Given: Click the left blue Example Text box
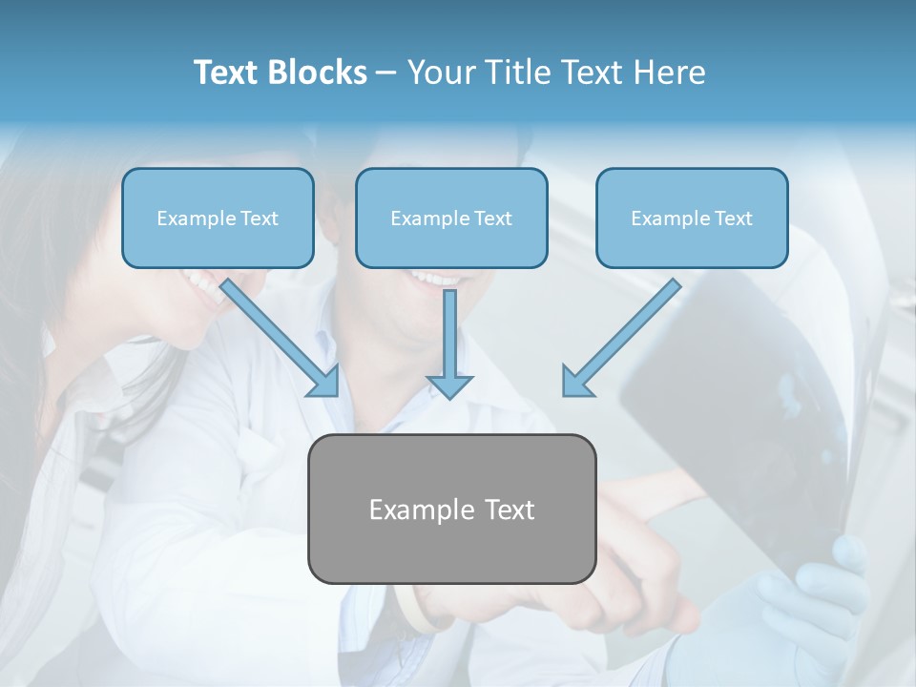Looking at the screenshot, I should (x=218, y=218).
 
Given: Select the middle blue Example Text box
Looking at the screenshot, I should (x=451, y=218).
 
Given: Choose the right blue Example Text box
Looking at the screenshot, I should (x=692, y=218).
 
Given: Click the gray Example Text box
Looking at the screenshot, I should (x=451, y=509).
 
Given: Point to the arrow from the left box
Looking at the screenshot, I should (x=277, y=334).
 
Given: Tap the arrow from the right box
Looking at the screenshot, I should (x=625, y=334).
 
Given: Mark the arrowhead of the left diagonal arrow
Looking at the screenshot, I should (x=324, y=382).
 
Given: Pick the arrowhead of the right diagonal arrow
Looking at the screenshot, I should (x=577, y=382).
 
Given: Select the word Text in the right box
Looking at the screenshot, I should (x=733, y=219).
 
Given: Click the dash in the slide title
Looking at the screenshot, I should (x=386, y=73).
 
